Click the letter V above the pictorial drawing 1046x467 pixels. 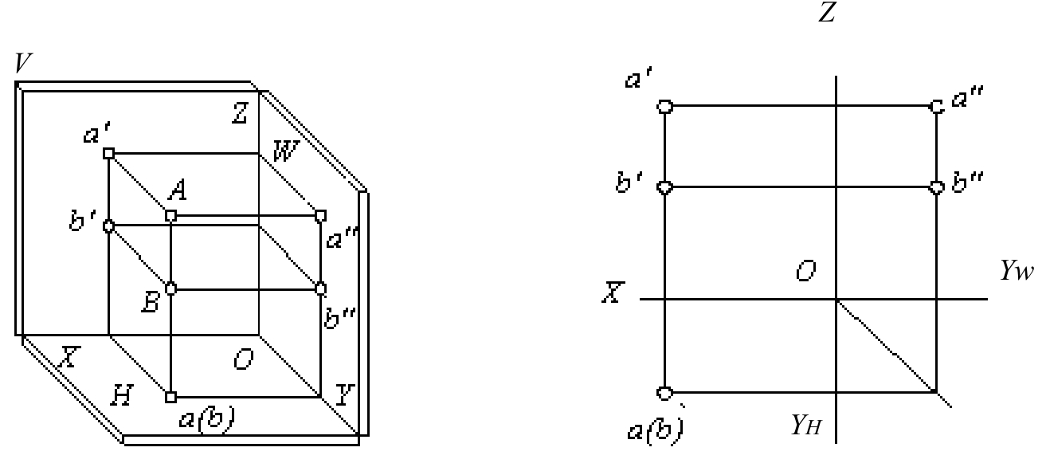pyautogui.click(x=23, y=63)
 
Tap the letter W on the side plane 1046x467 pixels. pyautogui.click(x=285, y=151)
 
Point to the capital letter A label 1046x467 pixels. pyautogui.click(x=178, y=190)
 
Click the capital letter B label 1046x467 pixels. pyautogui.click(x=151, y=303)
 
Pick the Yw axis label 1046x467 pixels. pyautogui.click(x=1017, y=270)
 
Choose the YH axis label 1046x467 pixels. pyautogui.click(x=806, y=425)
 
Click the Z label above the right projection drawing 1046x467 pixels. pyautogui.click(x=827, y=12)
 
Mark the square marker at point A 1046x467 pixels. pyautogui.click(x=171, y=216)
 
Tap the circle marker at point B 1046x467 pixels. pyautogui.click(x=171, y=288)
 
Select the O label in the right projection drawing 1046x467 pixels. pyautogui.click(x=806, y=271)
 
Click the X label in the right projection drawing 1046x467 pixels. pyautogui.click(x=613, y=292)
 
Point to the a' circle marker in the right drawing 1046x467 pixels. pyautogui.click(x=665, y=107)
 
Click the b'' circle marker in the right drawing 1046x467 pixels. pyautogui.click(x=936, y=187)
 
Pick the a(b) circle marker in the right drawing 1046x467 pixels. pyautogui.click(x=665, y=393)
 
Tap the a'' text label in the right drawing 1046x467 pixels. pyautogui.click(x=967, y=98)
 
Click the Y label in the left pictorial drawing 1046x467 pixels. pyautogui.click(x=345, y=395)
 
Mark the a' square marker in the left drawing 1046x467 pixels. pyautogui.click(x=108, y=153)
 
